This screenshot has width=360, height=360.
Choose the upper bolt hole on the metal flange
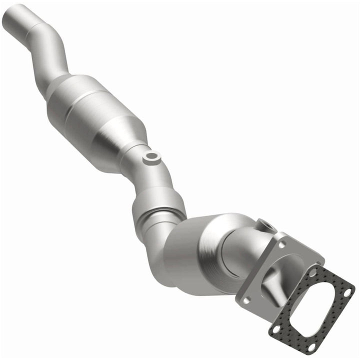tap(281, 245)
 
